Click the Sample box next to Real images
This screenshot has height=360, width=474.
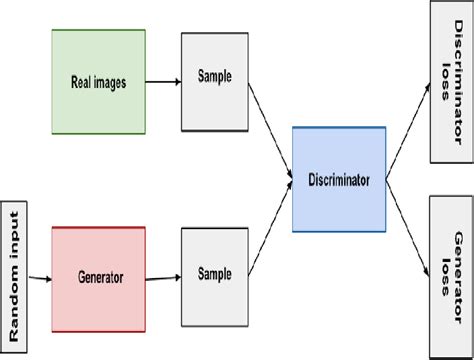click(x=213, y=81)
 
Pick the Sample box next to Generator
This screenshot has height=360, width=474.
click(x=213, y=273)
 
